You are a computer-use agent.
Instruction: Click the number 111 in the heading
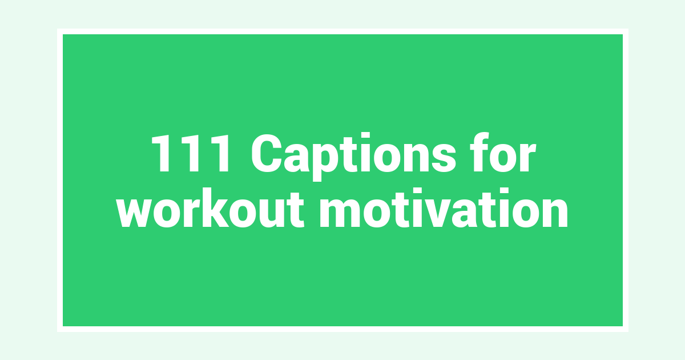pyautogui.click(x=190, y=153)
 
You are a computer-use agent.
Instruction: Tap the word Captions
pyautogui.click(x=353, y=157)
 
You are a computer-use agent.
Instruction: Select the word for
pyautogui.click(x=503, y=152)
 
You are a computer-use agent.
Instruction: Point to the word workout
pyautogui.click(x=211, y=208)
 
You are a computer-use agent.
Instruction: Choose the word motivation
pyautogui.click(x=444, y=208)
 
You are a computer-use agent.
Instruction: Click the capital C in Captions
pyautogui.click(x=267, y=153)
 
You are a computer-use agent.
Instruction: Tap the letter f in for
pyautogui.click(x=481, y=152)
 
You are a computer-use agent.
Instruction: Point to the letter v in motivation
pyautogui.click(x=428, y=212)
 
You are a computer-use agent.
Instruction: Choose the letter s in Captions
pyautogui.click(x=444, y=158)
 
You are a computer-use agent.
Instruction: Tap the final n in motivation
pyautogui.click(x=555, y=212)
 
